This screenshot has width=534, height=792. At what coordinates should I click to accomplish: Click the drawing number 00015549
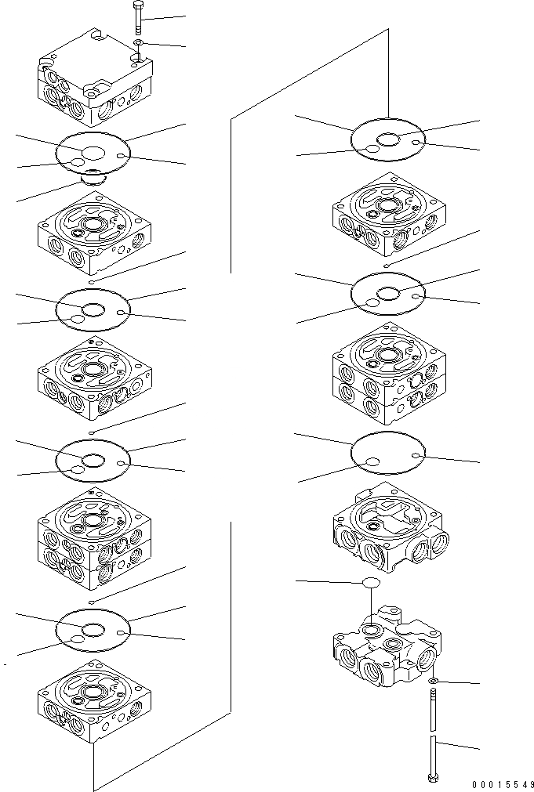503,784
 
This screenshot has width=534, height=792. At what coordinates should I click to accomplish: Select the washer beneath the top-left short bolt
138,42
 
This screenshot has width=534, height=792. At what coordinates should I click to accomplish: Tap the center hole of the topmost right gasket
388,139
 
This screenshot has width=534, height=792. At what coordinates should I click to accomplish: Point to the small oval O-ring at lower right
370,583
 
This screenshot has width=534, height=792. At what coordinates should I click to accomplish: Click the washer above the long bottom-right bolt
434,682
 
